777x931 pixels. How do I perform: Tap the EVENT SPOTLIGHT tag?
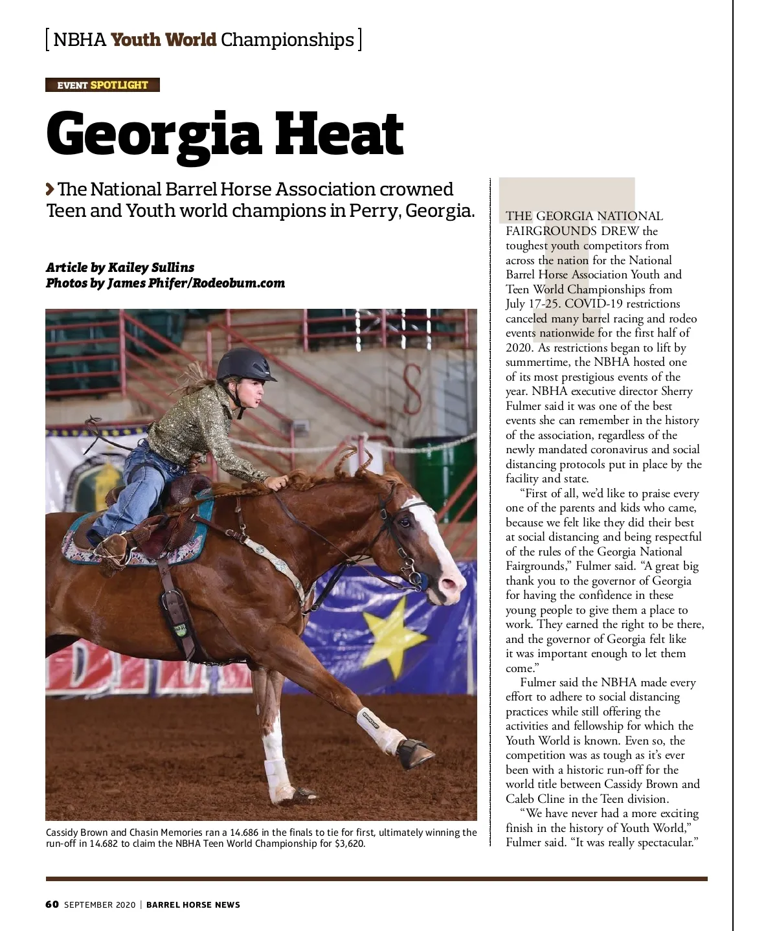pyautogui.click(x=102, y=85)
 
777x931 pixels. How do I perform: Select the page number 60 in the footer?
pyautogui.click(x=52, y=904)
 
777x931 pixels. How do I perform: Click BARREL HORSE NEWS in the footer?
pyautogui.click(x=193, y=904)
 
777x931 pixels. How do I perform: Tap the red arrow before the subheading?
pyautogui.click(x=51, y=189)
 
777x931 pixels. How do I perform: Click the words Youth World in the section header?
pyautogui.click(x=163, y=39)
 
